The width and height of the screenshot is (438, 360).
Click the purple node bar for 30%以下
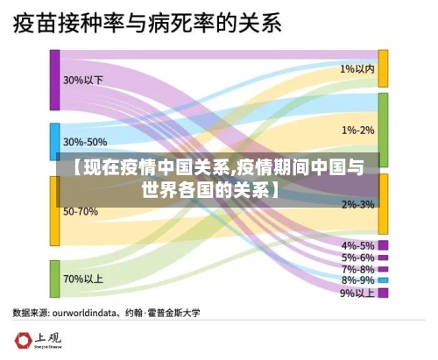pos(54,80)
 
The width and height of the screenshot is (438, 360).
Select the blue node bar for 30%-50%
pos(54,141)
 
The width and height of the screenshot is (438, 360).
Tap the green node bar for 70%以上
pos(54,279)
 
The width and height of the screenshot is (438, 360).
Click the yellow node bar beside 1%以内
pos(383,67)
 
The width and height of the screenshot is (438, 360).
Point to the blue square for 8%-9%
pos(383,280)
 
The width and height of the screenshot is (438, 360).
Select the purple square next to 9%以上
pos(383,293)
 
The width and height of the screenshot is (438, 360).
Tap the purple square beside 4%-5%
pos(383,245)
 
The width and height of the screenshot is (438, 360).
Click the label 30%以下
pos(82,80)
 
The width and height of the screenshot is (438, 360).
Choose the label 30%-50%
pos(85,141)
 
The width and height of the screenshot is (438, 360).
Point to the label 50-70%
pos(80,211)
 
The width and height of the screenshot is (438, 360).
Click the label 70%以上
pos(82,279)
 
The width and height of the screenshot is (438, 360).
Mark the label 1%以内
pos(357,67)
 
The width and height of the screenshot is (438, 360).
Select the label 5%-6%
pos(357,258)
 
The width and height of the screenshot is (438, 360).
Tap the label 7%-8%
pos(357,269)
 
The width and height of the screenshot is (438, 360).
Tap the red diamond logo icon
pos(21,341)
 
